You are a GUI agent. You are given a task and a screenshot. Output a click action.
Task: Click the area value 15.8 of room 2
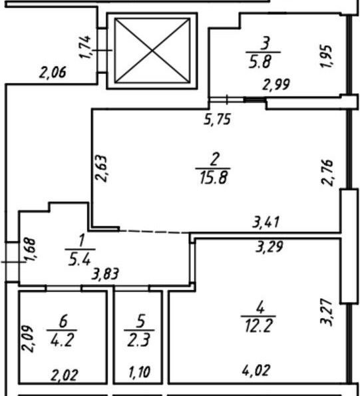pos(214,177)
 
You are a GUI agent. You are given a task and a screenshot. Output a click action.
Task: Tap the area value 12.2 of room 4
pos(258,326)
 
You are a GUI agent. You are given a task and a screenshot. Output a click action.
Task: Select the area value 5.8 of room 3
pos(263,61)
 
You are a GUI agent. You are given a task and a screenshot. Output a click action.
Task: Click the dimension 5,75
pos(217,119)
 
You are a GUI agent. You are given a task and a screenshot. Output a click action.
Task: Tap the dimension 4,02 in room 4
pos(256,371)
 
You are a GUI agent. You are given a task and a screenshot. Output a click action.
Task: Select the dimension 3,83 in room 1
pos(105,274)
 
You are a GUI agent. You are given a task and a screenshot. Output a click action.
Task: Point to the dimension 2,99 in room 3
pos(276,85)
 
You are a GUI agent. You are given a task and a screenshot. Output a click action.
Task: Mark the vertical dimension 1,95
pos(326,56)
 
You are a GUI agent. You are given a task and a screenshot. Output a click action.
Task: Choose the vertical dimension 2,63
pos(101,168)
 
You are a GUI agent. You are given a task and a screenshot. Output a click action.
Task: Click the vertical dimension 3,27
pos(326,312)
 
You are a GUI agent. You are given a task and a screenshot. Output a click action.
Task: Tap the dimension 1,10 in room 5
pos(139,372)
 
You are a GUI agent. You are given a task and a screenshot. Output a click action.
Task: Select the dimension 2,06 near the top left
pos(53,72)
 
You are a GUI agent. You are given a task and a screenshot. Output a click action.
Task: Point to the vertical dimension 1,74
pos(85,47)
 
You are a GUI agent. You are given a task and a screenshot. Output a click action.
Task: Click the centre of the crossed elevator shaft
pos(152,51)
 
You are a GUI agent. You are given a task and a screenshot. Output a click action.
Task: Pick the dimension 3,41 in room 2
pos(266,222)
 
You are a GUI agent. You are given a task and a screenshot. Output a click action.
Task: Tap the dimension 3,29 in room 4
pos(269,247)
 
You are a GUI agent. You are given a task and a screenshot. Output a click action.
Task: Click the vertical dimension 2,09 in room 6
pos(27,338)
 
